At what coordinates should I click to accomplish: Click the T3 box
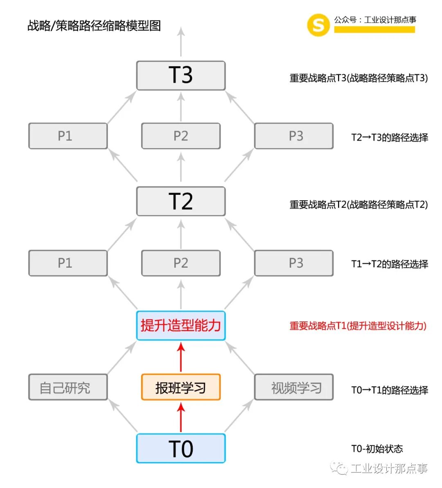(180, 76)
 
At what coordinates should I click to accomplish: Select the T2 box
(180, 201)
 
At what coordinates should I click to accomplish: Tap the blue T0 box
(180, 449)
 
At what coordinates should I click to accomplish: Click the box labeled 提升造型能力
(180, 325)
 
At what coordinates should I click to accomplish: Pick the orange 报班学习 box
(180, 387)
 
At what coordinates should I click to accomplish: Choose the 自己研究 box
(68, 387)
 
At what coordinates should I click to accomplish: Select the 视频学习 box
(293, 387)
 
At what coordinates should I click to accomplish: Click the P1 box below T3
(68, 136)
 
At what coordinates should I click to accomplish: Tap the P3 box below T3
(293, 136)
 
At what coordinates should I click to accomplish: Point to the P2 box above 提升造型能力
(180, 263)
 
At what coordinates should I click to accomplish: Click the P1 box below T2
(68, 263)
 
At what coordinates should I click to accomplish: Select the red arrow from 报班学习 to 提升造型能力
(181, 357)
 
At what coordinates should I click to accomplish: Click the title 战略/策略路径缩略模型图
(94, 26)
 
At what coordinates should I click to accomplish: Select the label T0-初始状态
(377, 449)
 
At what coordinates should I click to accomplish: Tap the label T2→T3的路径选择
(389, 138)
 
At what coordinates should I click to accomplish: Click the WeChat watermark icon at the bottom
(339, 468)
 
